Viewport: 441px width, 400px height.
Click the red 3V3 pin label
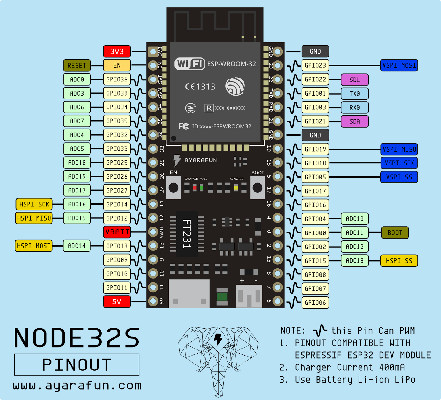[x=117, y=51]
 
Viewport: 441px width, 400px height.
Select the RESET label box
[x=77, y=65]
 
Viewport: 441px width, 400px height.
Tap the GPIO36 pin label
[x=117, y=80]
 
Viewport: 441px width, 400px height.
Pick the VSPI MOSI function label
[x=399, y=65]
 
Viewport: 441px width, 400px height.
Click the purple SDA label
[x=354, y=121]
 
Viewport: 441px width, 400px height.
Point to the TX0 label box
[x=354, y=94]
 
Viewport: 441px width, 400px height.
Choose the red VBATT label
[x=117, y=232]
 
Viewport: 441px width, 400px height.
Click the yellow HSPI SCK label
[x=34, y=204]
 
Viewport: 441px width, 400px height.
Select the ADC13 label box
[x=354, y=261]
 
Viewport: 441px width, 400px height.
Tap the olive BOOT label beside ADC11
[x=395, y=233]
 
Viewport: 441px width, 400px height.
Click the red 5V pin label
[x=117, y=301]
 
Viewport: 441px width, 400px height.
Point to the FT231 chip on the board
[x=187, y=234]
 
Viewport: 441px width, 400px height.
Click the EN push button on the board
[x=173, y=188]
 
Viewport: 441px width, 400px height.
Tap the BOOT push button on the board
[x=257, y=188]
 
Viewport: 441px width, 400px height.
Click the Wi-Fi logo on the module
[x=190, y=64]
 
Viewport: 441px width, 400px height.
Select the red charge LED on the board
[x=195, y=188]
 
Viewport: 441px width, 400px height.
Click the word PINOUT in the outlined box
[x=77, y=365]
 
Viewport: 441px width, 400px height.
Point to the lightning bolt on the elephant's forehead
[x=218, y=339]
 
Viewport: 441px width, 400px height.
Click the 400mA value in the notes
[x=392, y=367]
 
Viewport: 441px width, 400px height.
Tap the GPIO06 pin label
[x=315, y=303]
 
